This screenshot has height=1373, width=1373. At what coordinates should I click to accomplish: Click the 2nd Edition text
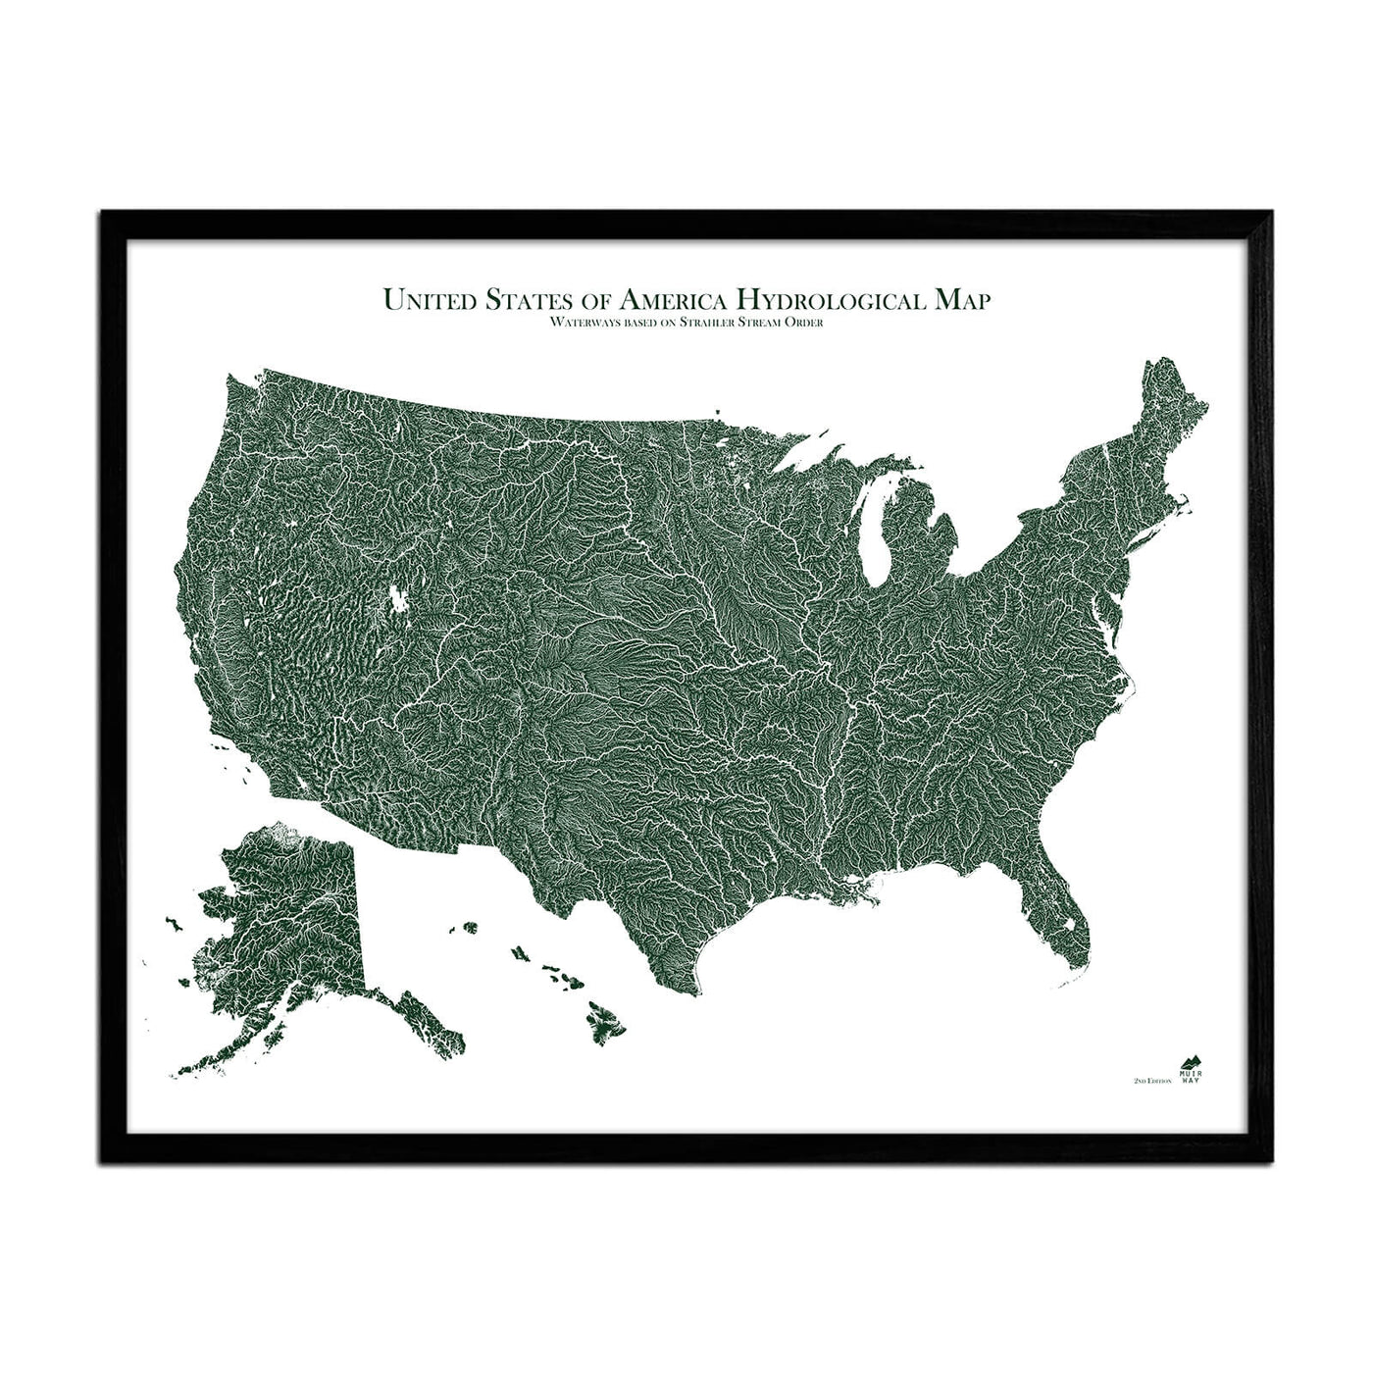click(x=1152, y=1079)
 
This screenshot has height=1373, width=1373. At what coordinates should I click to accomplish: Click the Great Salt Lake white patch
click(x=399, y=598)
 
